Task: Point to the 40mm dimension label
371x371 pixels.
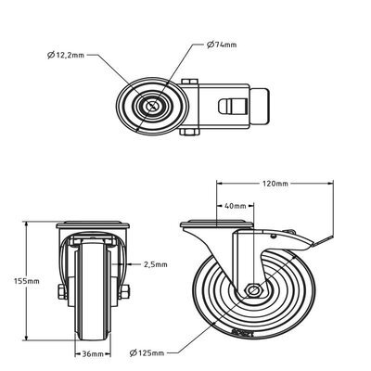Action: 235,206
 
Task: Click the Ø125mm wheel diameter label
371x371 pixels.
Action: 150,352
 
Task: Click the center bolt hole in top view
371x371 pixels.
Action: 149,107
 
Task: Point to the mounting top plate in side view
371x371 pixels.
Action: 215,224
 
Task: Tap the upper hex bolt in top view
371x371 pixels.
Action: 189,84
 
